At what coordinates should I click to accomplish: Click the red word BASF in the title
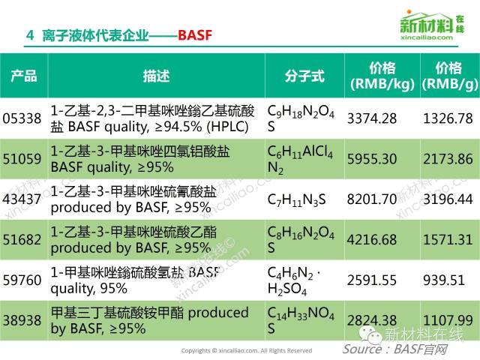click(195, 35)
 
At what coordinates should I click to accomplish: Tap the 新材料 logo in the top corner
click(432, 25)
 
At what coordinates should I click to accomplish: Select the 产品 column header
click(24, 76)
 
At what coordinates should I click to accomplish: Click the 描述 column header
click(157, 76)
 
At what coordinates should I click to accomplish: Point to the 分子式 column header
click(304, 76)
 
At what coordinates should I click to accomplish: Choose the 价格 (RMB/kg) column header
click(382, 76)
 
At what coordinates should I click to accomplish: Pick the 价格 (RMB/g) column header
click(449, 76)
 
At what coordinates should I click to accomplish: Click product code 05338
click(22, 118)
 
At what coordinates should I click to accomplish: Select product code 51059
click(22, 159)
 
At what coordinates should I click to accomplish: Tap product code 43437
click(22, 199)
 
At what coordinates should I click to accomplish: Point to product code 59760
click(22, 280)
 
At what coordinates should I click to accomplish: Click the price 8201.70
click(372, 199)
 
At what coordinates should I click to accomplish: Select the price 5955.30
click(372, 159)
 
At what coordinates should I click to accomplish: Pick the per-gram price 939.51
click(443, 280)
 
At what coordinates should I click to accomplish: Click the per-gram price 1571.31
click(448, 240)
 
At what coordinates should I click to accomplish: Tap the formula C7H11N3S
click(296, 200)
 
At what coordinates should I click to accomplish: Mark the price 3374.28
click(372, 118)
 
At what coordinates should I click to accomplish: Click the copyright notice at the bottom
click(247, 351)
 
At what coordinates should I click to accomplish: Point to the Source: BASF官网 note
click(395, 349)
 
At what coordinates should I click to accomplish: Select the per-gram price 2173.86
click(448, 159)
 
